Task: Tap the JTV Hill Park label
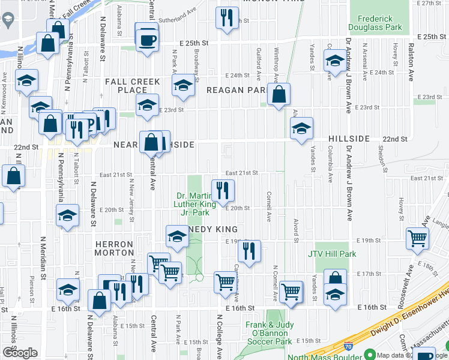tap(332, 254)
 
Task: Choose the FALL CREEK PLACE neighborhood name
tap(133, 85)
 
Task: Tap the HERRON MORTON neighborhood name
tap(113, 248)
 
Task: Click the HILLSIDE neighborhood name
tap(349, 139)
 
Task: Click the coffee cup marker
tap(147, 40)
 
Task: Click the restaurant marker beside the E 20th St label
tap(223, 190)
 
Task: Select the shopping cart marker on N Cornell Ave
tap(291, 291)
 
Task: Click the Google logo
tap(20, 353)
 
